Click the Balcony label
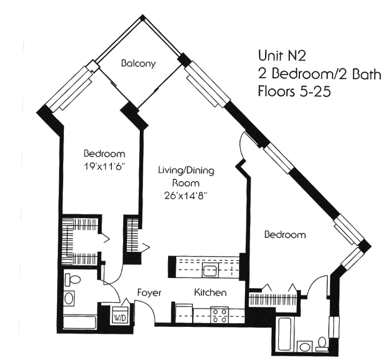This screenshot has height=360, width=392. point(138,63)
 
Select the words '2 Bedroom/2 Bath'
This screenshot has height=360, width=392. point(319,73)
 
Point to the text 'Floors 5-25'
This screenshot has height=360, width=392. point(293,91)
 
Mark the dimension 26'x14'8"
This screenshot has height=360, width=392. point(186,196)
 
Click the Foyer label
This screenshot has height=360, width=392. point(149,293)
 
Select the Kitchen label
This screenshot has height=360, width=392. point(209,293)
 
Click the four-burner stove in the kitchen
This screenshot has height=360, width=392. point(219,314)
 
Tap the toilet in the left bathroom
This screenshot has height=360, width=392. point(73,280)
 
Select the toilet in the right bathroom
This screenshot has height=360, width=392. point(322,341)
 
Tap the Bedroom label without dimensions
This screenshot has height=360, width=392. point(284,235)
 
